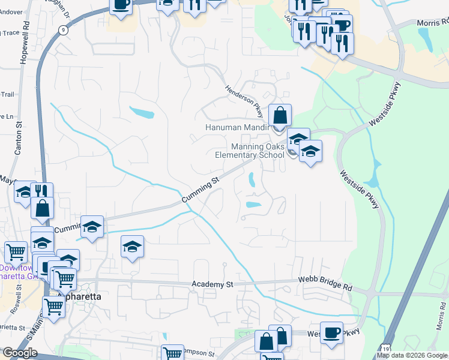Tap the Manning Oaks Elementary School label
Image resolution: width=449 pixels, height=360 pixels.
(249, 151)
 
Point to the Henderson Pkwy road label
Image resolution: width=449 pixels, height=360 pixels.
(244, 95)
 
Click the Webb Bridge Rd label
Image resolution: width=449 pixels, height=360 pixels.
(325, 284)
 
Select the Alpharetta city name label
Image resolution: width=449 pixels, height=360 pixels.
(80, 297)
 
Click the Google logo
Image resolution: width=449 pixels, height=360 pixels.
(19, 353)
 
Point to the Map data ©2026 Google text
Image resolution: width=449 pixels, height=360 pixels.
(412, 355)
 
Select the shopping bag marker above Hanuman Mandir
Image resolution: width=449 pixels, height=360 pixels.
(280, 115)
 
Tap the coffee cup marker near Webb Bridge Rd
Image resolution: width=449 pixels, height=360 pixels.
(331, 332)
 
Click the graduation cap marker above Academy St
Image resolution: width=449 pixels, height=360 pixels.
(132, 246)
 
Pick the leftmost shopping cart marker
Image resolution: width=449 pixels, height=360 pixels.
(15, 251)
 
